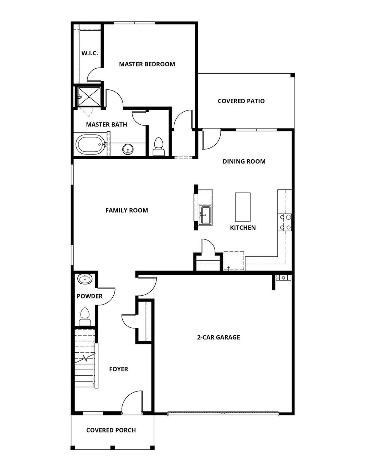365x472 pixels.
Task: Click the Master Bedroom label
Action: (x=147, y=64)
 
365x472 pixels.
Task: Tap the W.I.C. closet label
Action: (x=89, y=53)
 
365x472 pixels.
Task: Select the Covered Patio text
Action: (x=241, y=101)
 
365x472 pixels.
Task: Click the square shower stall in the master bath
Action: (x=89, y=96)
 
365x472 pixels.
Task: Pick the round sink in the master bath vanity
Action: (x=128, y=149)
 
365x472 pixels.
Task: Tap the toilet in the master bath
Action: (x=159, y=147)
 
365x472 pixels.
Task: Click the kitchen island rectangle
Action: (x=243, y=207)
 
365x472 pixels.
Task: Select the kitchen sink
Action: (x=205, y=215)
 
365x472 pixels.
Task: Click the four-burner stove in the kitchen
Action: (x=285, y=222)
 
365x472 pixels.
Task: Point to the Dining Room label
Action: (x=244, y=161)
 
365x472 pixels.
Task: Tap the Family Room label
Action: (x=127, y=210)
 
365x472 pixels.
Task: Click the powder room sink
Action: (x=85, y=279)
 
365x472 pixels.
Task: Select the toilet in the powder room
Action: (x=85, y=317)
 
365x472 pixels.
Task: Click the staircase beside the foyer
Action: (x=84, y=360)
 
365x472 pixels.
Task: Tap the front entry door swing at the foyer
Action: (x=133, y=403)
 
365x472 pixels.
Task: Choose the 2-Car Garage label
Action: (x=219, y=337)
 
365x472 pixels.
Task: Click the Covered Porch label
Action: (x=111, y=430)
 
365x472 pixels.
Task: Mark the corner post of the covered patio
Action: (x=292, y=75)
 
